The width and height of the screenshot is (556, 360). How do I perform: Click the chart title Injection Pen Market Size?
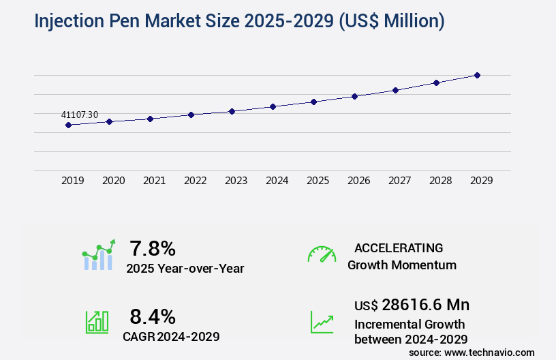(x=239, y=21)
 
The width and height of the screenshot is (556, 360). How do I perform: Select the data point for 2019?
(x=68, y=125)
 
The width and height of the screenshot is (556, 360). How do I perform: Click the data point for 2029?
(x=477, y=75)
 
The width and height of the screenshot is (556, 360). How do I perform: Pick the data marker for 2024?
(x=273, y=106)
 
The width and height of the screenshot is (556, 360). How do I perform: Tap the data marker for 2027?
(x=395, y=90)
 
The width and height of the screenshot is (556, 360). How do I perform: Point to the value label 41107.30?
(x=80, y=115)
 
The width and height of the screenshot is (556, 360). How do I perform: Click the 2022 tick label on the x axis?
(x=195, y=181)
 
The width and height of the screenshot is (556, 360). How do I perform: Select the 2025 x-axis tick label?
(x=318, y=181)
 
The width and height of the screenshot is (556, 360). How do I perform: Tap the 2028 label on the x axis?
(x=440, y=181)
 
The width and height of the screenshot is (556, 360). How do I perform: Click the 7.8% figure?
(x=153, y=248)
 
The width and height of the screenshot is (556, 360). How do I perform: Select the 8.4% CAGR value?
(x=153, y=316)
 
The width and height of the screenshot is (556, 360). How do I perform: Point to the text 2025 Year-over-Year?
(x=185, y=269)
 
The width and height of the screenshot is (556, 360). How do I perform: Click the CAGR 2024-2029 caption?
(x=171, y=336)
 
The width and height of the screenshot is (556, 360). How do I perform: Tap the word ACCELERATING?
(x=399, y=247)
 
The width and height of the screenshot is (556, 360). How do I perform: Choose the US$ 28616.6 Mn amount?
(x=412, y=304)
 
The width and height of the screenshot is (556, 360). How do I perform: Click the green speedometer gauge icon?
(x=322, y=254)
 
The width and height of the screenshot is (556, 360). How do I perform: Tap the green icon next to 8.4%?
(x=97, y=322)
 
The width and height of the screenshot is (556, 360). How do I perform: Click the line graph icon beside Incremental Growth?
(x=322, y=322)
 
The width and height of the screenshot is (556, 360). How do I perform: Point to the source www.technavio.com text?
(x=472, y=352)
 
